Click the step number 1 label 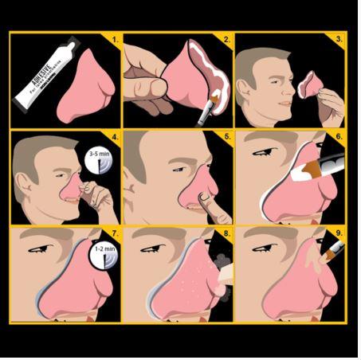[115, 38]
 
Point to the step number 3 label [339, 38]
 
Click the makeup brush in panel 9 [332, 253]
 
